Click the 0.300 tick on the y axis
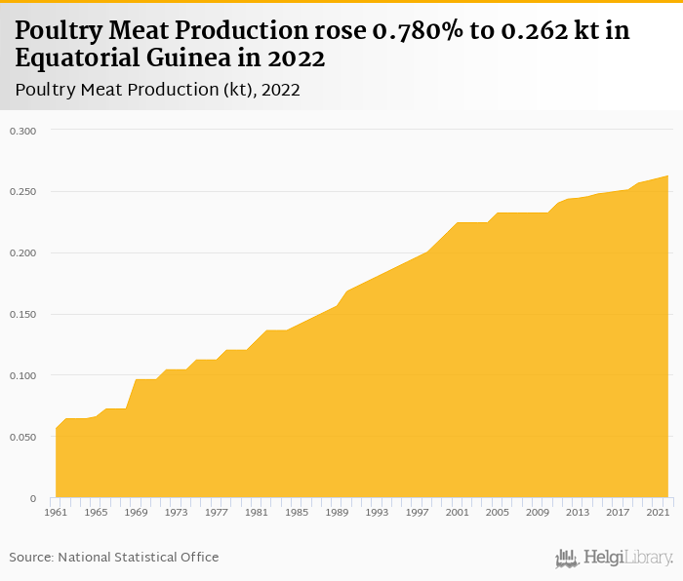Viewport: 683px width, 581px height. click(x=22, y=131)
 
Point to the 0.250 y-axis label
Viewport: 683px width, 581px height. click(x=22, y=192)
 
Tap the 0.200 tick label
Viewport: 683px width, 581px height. click(x=22, y=253)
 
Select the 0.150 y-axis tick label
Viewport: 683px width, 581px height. click(x=22, y=315)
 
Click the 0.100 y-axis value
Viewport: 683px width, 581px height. click(x=22, y=376)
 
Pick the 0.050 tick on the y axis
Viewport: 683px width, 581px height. click(x=22, y=438)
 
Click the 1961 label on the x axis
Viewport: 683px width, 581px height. click(x=57, y=511)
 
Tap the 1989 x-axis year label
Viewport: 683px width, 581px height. click(x=337, y=511)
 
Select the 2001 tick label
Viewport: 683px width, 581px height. click(x=457, y=511)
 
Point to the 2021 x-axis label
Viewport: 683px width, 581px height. click(x=657, y=511)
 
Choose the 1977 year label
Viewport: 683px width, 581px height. click(x=217, y=511)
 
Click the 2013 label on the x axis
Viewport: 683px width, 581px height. click(x=577, y=511)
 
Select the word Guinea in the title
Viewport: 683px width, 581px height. click(x=187, y=58)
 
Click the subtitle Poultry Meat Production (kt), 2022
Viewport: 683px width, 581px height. click(x=157, y=90)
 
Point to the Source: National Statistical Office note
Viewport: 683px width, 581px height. click(x=114, y=558)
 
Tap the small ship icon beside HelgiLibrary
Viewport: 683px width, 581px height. click(x=567, y=559)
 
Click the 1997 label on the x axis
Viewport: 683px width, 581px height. click(x=417, y=511)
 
